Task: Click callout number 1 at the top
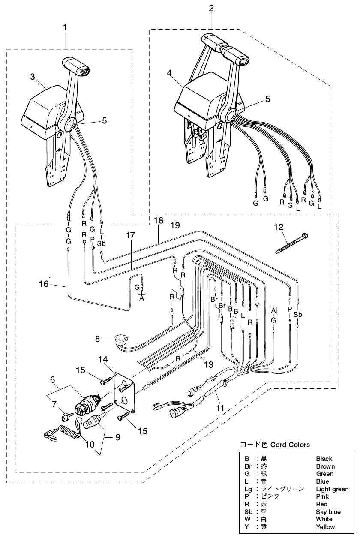pos(65,27)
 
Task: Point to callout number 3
pos(32,78)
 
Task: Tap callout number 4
pos(170,73)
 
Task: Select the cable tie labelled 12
pos(291,243)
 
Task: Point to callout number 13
pos(208,364)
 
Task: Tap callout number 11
pos(220,408)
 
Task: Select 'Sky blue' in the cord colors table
pos(328,512)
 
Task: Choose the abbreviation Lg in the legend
pos(248,489)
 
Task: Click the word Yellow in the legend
pos(325,527)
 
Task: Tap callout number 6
pos(52,379)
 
